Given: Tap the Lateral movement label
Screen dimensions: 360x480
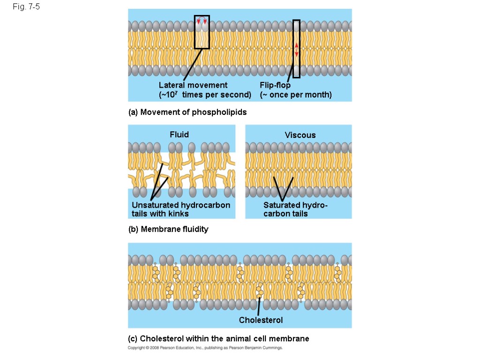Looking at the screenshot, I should tap(193, 85).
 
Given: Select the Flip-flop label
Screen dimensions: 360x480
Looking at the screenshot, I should tap(275, 85).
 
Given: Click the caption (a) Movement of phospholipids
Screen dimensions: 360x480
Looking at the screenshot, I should tap(187, 112).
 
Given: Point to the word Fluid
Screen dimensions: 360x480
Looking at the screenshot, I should tap(179, 135).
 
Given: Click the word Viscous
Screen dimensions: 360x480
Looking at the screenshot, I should tap(300, 135).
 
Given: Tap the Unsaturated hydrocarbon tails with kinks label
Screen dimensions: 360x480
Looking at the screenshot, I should tap(181, 210).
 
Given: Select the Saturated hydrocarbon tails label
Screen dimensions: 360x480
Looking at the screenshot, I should tap(295, 210).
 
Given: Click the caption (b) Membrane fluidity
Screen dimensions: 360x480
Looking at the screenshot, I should tap(168, 229).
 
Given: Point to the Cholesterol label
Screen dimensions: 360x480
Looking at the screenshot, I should tap(261, 320).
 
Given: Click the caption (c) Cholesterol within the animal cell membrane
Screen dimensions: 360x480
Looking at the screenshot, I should tap(218, 338).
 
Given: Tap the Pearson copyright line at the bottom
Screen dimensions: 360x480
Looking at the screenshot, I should tap(205, 348).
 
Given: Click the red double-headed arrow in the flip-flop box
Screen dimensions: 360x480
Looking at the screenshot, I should tap(296, 49).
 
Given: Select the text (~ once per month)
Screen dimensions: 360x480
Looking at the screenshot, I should tap(296, 95).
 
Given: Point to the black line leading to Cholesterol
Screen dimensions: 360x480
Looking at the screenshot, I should tap(259, 307).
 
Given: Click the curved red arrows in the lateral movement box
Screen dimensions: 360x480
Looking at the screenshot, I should tap(202, 21).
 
